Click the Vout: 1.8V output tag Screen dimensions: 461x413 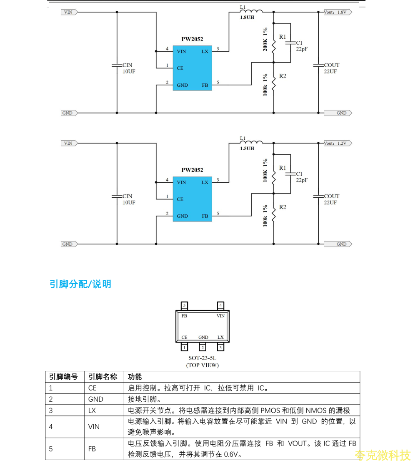pos(337,12)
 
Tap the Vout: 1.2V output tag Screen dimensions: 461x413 pos(337,143)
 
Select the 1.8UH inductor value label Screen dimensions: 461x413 pos(247,18)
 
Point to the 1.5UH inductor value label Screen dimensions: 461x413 pos(247,149)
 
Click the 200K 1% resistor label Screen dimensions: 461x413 pos(265,40)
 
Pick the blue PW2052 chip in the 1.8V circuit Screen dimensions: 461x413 pos(192,68)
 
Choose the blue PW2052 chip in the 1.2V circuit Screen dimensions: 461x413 pos(192,199)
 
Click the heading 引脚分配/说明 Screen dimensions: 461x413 pos(80,285)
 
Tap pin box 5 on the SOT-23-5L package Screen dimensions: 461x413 pos(184,305)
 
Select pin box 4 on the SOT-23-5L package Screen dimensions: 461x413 pos(220,305)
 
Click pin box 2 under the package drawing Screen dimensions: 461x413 pos(203,347)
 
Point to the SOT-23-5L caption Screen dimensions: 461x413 pos(203,358)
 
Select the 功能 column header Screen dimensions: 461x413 pos(135,377)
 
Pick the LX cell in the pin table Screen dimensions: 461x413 pos(92,410)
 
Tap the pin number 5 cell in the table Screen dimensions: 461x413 pos(51,449)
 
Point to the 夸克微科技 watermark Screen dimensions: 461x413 pos(383,455)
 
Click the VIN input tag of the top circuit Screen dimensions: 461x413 pos(68,12)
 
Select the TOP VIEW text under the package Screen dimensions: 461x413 pos(203,365)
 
